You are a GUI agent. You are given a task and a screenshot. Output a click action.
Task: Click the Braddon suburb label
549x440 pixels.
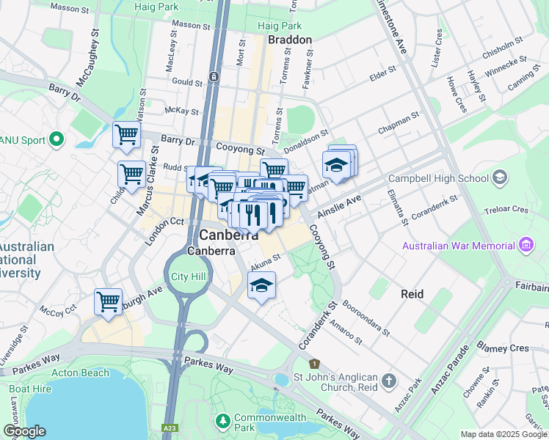tap(290, 40)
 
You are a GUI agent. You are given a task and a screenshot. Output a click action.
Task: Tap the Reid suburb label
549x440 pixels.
tap(412, 293)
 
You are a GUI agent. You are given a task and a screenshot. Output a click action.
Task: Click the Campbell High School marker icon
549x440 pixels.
tap(501, 177)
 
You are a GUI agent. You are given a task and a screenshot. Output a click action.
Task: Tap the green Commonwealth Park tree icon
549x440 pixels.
tap(224, 422)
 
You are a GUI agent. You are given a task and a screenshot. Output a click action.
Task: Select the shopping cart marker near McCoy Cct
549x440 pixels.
tap(108, 302)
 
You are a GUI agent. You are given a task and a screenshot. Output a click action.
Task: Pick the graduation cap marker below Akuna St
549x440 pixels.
tap(261, 286)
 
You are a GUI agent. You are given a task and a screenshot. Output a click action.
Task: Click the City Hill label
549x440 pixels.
tap(189, 276)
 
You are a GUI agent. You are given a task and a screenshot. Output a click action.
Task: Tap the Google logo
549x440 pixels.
tap(23, 431)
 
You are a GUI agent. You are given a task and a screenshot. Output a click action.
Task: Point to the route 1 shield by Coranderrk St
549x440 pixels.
tap(315, 364)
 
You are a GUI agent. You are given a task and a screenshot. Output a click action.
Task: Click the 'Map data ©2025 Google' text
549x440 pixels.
tap(503, 434)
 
